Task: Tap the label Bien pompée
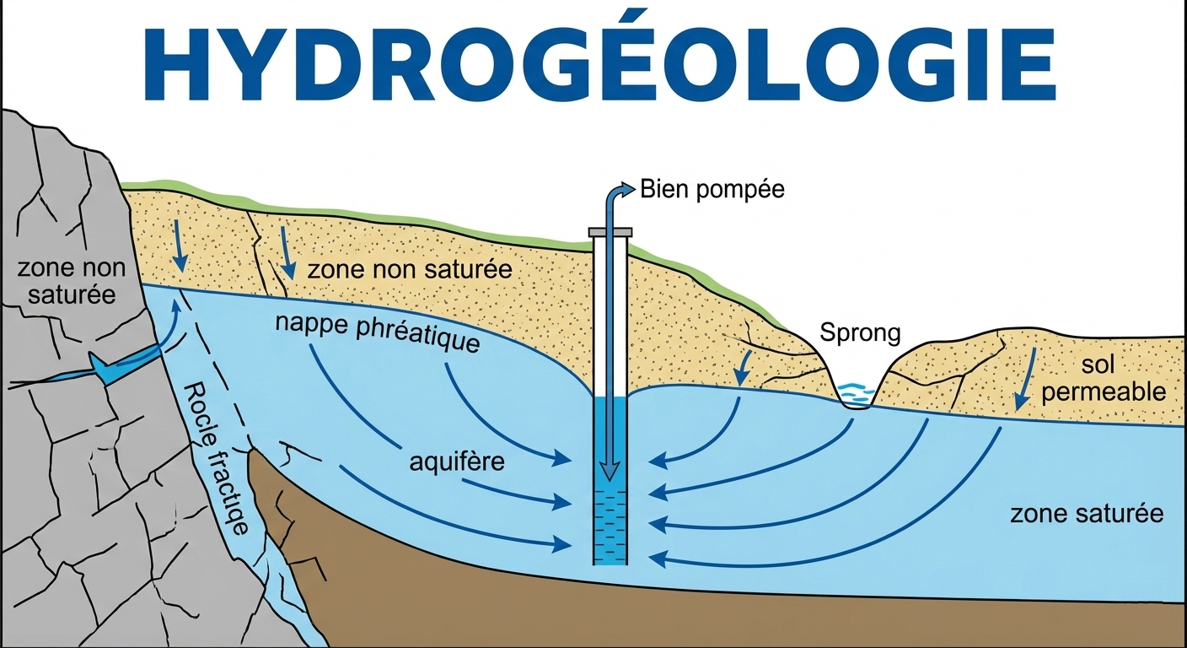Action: (712, 189)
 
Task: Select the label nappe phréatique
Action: (378, 333)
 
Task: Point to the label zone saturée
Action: (1087, 514)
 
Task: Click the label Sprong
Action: (860, 333)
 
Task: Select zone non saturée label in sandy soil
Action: (410, 270)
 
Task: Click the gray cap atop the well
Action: (610, 231)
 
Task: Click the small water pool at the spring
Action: (857, 393)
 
